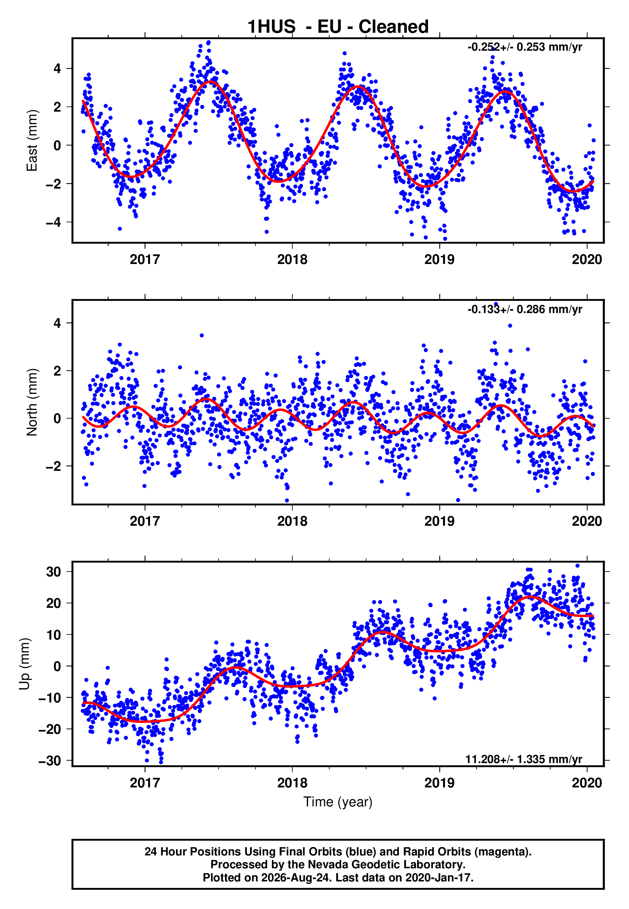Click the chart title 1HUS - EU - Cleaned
click(x=338, y=27)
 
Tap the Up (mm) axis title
click(x=24, y=664)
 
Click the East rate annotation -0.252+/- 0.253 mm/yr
click(x=524, y=47)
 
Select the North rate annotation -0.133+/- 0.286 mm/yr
click(x=524, y=309)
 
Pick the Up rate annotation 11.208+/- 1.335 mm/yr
click(x=524, y=759)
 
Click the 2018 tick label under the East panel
click(x=292, y=259)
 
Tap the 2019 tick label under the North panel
click(x=440, y=521)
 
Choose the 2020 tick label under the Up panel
click(x=587, y=783)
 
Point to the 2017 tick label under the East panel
click(x=145, y=259)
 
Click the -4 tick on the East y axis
click(x=54, y=222)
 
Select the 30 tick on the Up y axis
click(x=54, y=572)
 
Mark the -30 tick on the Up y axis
click(x=50, y=760)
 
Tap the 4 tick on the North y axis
click(x=57, y=323)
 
